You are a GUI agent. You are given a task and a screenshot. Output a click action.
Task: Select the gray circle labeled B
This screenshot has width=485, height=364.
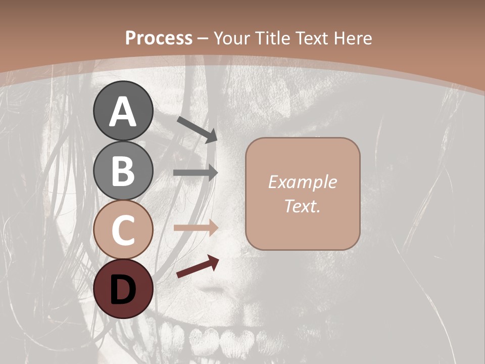click(x=123, y=170)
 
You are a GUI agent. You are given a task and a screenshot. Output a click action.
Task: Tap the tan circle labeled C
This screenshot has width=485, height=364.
click(x=123, y=230)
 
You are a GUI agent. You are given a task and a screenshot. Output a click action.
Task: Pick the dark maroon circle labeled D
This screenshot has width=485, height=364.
click(x=123, y=289)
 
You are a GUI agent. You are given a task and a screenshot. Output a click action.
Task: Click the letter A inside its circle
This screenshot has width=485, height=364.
click(x=123, y=112)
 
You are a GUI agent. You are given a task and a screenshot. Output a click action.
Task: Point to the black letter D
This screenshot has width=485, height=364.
click(x=123, y=290)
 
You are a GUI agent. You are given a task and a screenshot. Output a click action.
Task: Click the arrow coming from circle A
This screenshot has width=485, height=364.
click(x=197, y=129)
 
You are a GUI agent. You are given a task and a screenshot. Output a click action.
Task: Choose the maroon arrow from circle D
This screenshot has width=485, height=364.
click(x=198, y=266)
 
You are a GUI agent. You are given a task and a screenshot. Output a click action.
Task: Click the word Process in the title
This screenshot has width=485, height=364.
click(x=159, y=38)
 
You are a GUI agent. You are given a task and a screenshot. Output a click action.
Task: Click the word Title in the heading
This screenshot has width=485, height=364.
click(x=272, y=38)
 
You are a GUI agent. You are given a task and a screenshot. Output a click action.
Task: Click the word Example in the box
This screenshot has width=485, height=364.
click(x=302, y=182)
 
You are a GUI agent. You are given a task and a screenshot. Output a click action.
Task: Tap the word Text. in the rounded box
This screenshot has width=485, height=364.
click(x=302, y=206)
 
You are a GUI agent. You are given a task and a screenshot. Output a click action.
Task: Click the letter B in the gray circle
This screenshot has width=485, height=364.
click(x=123, y=170)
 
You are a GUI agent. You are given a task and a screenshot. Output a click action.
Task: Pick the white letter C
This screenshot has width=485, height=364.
click(x=123, y=230)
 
